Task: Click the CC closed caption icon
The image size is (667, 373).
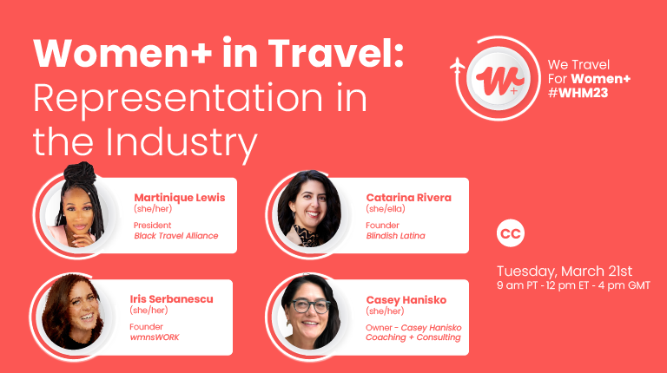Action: (x=511, y=232)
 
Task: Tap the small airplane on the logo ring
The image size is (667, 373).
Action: (x=458, y=67)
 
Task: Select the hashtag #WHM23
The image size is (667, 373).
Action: (x=578, y=93)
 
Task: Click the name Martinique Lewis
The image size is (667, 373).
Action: (x=180, y=198)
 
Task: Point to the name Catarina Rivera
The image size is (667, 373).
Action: (x=409, y=198)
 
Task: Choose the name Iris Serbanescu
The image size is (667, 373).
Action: (x=171, y=299)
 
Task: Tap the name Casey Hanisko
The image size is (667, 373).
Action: (x=406, y=300)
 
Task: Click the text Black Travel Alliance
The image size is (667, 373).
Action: (x=176, y=236)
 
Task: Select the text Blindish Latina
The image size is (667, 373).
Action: (x=396, y=236)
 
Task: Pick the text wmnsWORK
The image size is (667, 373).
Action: (x=155, y=337)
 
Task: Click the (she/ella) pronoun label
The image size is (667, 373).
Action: (x=386, y=208)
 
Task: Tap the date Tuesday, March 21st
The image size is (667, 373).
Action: (x=565, y=271)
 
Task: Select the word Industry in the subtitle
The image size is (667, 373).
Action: (x=182, y=142)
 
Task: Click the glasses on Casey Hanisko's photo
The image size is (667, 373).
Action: (x=310, y=306)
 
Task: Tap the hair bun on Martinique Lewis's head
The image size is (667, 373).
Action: (x=80, y=173)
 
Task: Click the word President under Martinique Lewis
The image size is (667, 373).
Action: (x=152, y=226)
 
